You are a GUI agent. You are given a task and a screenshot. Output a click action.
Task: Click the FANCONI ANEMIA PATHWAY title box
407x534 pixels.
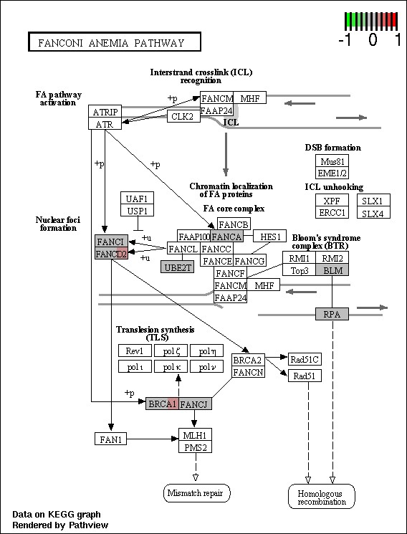(x=115, y=42)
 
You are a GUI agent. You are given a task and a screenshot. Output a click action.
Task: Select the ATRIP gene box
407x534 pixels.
(x=105, y=111)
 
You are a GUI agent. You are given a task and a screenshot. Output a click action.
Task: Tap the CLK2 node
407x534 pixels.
(x=183, y=116)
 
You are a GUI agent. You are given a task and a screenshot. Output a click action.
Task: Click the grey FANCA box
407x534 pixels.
(x=227, y=236)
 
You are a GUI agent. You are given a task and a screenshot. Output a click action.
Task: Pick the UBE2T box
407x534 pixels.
(x=178, y=267)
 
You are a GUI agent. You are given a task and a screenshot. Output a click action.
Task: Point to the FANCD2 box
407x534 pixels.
(x=111, y=253)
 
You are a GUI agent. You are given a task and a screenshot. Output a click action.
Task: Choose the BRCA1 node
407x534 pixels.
(x=162, y=404)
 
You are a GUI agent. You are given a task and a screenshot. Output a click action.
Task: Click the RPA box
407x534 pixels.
(x=332, y=314)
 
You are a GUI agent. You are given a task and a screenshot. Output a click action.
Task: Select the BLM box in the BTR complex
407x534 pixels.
(x=332, y=270)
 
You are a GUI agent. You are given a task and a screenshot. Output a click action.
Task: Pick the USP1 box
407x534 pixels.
(x=138, y=210)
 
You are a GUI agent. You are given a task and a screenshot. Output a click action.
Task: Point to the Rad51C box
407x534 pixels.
(x=305, y=359)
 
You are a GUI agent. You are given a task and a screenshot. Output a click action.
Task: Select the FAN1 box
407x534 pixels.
(x=110, y=439)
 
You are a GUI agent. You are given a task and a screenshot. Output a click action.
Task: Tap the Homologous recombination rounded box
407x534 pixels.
(x=322, y=497)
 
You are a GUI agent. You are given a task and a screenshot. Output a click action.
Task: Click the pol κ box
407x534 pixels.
(x=171, y=366)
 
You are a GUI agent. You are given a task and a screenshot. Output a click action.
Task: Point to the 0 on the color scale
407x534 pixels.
(x=373, y=40)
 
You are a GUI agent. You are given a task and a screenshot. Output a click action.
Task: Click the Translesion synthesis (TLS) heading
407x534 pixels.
(x=155, y=333)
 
